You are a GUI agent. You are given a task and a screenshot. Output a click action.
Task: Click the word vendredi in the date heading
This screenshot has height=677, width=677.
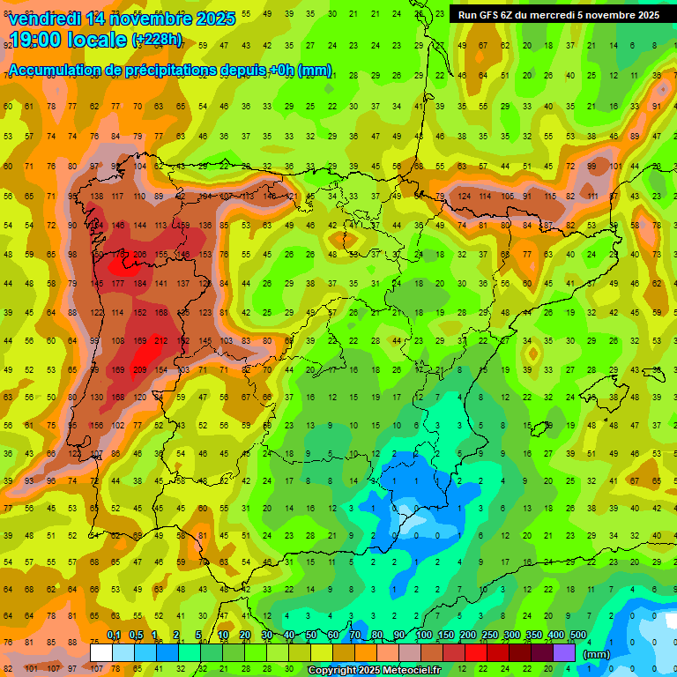[x=42, y=19]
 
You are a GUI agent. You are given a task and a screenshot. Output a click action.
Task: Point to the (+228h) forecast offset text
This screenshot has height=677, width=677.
[x=157, y=40]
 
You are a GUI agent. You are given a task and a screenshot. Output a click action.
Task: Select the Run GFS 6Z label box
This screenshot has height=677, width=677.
[x=558, y=15]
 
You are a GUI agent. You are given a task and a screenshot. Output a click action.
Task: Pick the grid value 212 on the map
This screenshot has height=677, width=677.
[x=160, y=341]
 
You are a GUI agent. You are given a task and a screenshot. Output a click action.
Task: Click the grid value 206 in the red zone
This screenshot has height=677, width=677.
[x=139, y=255]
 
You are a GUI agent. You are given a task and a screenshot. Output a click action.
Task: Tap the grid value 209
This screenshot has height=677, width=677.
[x=139, y=370]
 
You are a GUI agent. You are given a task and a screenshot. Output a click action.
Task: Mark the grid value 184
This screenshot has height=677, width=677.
[x=139, y=284]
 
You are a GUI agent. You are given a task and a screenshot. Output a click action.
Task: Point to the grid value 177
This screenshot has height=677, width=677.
[x=117, y=284]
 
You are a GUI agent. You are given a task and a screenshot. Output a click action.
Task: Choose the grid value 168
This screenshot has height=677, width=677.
[x=160, y=313]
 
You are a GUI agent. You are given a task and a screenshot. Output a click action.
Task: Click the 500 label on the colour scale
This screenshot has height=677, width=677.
[x=577, y=636]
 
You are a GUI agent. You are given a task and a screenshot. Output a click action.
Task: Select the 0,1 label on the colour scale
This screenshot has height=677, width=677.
[x=114, y=636]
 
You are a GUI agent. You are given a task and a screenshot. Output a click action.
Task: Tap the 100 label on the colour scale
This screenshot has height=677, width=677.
[x=423, y=636]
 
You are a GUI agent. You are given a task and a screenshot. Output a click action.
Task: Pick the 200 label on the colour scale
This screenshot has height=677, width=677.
[x=467, y=636]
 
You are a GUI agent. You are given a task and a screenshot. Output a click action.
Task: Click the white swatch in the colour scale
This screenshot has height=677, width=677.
[x=101, y=652]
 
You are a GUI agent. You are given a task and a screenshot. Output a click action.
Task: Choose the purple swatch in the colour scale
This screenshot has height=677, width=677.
[x=564, y=652]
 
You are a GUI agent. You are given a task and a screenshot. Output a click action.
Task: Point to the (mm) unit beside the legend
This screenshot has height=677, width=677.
[x=597, y=654]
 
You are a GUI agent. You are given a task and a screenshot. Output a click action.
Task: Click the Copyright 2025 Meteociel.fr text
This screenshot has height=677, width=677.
[x=375, y=671]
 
